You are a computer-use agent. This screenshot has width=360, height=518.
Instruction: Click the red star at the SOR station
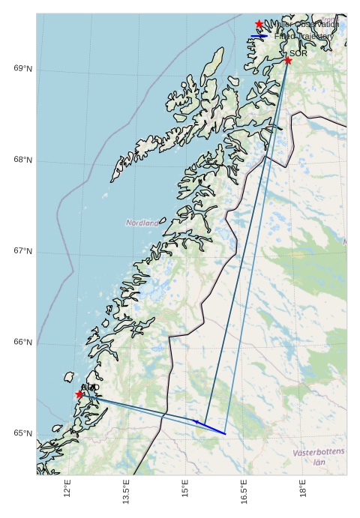click(288, 60)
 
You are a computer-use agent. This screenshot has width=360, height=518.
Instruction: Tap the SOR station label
click(298, 54)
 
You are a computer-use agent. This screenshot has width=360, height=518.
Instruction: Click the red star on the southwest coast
click(79, 394)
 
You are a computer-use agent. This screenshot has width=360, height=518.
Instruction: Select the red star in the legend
click(259, 24)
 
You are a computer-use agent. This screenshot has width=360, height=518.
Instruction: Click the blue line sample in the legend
click(259, 36)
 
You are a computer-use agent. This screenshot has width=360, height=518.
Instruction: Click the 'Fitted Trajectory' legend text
click(304, 36)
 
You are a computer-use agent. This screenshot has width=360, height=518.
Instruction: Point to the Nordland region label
click(142, 223)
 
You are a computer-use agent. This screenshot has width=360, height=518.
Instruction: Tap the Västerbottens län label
click(319, 457)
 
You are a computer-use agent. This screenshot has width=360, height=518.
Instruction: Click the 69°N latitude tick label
click(23, 69)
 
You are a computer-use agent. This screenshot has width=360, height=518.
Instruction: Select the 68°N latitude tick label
click(23, 160)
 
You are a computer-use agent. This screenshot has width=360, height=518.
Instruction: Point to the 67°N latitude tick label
click(23, 251)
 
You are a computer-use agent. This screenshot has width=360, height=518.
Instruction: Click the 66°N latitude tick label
click(23, 343)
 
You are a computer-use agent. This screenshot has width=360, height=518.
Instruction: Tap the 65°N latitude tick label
click(23, 433)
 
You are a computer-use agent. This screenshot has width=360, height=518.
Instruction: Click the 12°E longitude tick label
click(67, 489)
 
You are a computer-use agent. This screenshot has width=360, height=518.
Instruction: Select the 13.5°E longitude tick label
click(126, 492)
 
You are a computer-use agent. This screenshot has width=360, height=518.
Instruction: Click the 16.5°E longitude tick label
click(244, 492)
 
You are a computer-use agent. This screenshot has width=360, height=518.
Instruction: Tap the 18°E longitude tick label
click(303, 489)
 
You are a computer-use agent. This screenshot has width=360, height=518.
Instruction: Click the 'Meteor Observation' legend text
click(305, 24)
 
